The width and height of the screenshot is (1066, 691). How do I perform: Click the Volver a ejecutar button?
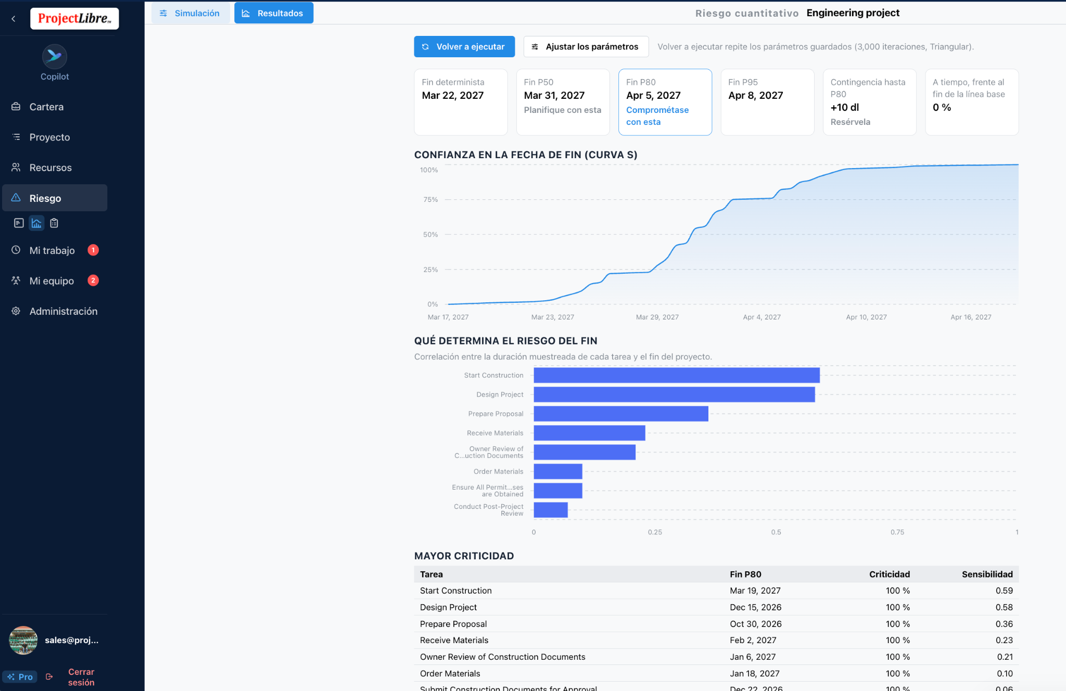click(x=464, y=47)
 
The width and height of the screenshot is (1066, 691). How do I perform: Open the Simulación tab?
click(x=191, y=13)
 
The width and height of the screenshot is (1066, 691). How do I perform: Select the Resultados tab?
click(x=274, y=13)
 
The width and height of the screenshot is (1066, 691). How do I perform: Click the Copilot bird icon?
click(x=55, y=56)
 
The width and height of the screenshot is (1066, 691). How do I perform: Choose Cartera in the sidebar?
click(x=46, y=107)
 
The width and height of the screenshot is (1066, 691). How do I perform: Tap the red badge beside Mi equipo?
click(x=93, y=280)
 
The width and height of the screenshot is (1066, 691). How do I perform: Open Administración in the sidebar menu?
click(x=63, y=311)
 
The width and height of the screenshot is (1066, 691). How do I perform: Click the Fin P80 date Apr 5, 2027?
click(x=653, y=95)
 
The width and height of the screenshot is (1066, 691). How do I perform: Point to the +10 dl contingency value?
click(x=845, y=107)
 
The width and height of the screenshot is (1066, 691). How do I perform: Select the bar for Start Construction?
click(x=677, y=375)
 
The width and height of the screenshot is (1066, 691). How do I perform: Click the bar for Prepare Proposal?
click(x=621, y=414)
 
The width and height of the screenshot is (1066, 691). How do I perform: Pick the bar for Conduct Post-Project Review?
click(x=551, y=510)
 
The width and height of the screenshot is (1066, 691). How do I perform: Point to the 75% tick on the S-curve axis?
click(x=430, y=200)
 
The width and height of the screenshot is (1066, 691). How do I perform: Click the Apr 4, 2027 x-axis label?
click(x=762, y=317)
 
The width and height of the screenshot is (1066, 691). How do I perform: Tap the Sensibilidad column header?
click(x=987, y=574)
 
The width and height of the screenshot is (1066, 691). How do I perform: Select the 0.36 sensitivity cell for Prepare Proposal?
click(x=1004, y=624)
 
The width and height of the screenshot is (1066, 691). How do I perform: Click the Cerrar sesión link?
click(x=81, y=677)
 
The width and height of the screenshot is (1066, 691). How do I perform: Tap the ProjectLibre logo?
click(x=74, y=19)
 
